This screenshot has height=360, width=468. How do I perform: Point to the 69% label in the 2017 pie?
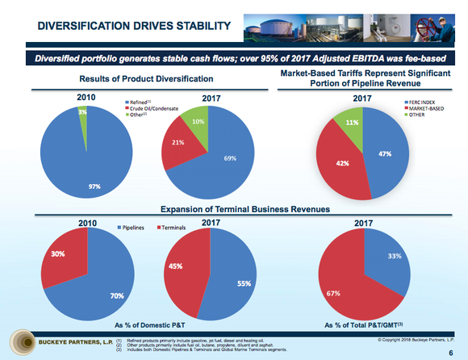pyautogui.click(x=229, y=158)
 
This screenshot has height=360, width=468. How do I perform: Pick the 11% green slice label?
pyautogui.click(x=352, y=123)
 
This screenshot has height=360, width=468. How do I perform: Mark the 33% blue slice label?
pyautogui.click(x=395, y=257)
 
